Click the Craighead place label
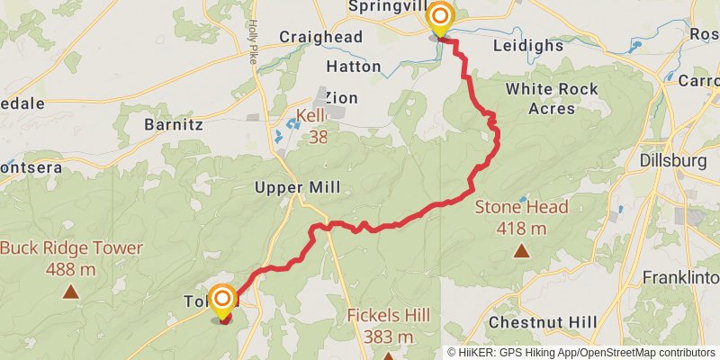point(320,37)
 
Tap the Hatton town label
point(346,67)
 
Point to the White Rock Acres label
point(539,98)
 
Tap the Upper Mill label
point(298,188)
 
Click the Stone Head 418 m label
point(522,217)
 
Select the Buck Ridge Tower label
point(71,256)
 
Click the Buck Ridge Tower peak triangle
point(70,291)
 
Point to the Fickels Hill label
point(389,325)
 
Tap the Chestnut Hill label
point(543,321)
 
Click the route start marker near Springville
point(439,18)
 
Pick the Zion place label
point(341,97)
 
